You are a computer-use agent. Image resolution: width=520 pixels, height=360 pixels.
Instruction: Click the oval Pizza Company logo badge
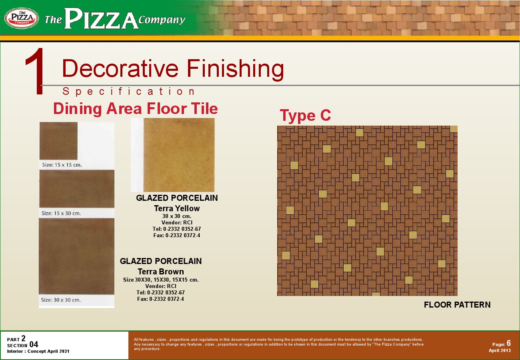click(22, 18)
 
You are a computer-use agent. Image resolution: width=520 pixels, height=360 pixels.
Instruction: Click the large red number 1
click(35, 71)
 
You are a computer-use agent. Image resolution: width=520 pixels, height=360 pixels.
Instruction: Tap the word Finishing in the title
click(235, 69)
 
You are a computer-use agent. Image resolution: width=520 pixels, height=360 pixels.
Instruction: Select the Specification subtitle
click(129, 91)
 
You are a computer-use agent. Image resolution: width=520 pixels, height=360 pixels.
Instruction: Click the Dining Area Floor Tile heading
click(136, 108)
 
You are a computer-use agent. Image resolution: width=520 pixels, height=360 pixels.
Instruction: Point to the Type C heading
click(305, 115)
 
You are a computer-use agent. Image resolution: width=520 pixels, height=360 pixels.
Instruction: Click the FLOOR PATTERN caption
click(457, 304)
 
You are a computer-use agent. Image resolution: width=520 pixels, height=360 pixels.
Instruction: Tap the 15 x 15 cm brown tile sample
click(58, 141)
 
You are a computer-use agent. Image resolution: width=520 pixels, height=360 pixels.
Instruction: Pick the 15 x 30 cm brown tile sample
click(77, 189)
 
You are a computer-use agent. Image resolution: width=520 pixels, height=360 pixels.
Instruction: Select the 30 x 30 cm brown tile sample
click(77, 256)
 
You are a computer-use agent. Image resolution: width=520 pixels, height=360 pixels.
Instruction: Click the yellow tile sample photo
click(179, 155)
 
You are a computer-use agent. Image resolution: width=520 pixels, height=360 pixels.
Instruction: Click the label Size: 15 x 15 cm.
click(62, 165)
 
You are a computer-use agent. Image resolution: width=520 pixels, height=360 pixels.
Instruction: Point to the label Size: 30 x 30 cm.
click(61, 300)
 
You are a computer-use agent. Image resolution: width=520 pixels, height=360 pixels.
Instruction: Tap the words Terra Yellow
click(177, 208)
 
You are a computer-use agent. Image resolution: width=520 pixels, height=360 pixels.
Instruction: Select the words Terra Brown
click(161, 271)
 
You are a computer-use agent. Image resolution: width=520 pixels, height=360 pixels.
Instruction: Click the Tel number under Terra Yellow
click(177, 229)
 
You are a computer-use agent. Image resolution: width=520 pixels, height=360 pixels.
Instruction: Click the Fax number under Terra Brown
click(160, 299)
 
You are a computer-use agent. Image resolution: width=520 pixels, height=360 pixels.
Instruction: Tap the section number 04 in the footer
click(34, 344)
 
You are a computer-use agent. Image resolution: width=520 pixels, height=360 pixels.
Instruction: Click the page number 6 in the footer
click(508, 343)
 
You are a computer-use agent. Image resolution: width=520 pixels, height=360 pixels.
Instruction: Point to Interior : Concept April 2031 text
click(38, 351)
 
